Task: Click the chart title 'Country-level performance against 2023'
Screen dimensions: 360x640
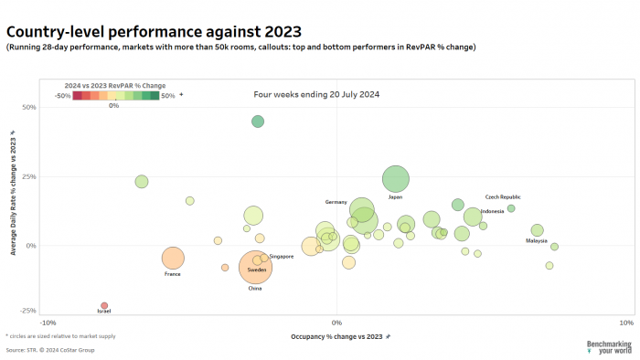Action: coord(153,31)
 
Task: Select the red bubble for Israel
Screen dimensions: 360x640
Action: coord(104,305)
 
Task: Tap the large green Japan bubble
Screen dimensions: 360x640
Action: coord(395,179)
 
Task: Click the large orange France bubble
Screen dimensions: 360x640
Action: coord(173,259)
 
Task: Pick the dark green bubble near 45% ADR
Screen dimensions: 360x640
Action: coord(258,122)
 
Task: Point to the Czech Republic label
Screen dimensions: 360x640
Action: coord(503,196)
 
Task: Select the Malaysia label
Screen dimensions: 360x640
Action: coord(536,241)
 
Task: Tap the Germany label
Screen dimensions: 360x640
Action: coord(336,201)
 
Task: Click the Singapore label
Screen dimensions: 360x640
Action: coord(282,257)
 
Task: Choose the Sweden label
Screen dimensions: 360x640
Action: coord(257,270)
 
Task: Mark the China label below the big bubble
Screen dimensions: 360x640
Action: coord(255,289)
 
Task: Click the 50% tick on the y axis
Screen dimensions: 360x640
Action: coord(28,107)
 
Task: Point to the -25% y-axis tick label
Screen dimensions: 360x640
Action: coord(27,311)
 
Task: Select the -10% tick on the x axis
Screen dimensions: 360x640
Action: coord(48,323)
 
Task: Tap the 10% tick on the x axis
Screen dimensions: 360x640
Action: coord(625,323)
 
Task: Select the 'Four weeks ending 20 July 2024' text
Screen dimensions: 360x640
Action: coord(316,94)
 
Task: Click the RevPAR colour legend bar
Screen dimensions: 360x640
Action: coord(116,95)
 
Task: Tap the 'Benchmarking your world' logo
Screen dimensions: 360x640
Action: coord(608,346)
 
